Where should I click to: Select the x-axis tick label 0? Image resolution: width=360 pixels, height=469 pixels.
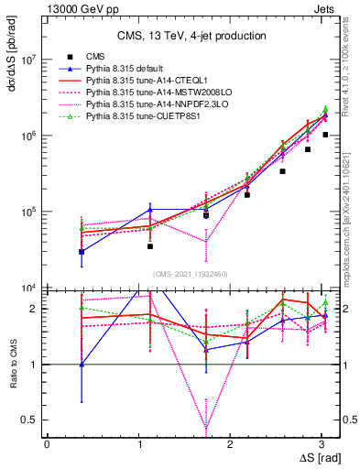pos(47,444)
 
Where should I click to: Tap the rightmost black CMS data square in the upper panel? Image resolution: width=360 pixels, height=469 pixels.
pos(324,135)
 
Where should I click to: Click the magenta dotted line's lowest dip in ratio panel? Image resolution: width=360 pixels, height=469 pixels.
pos(206,428)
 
